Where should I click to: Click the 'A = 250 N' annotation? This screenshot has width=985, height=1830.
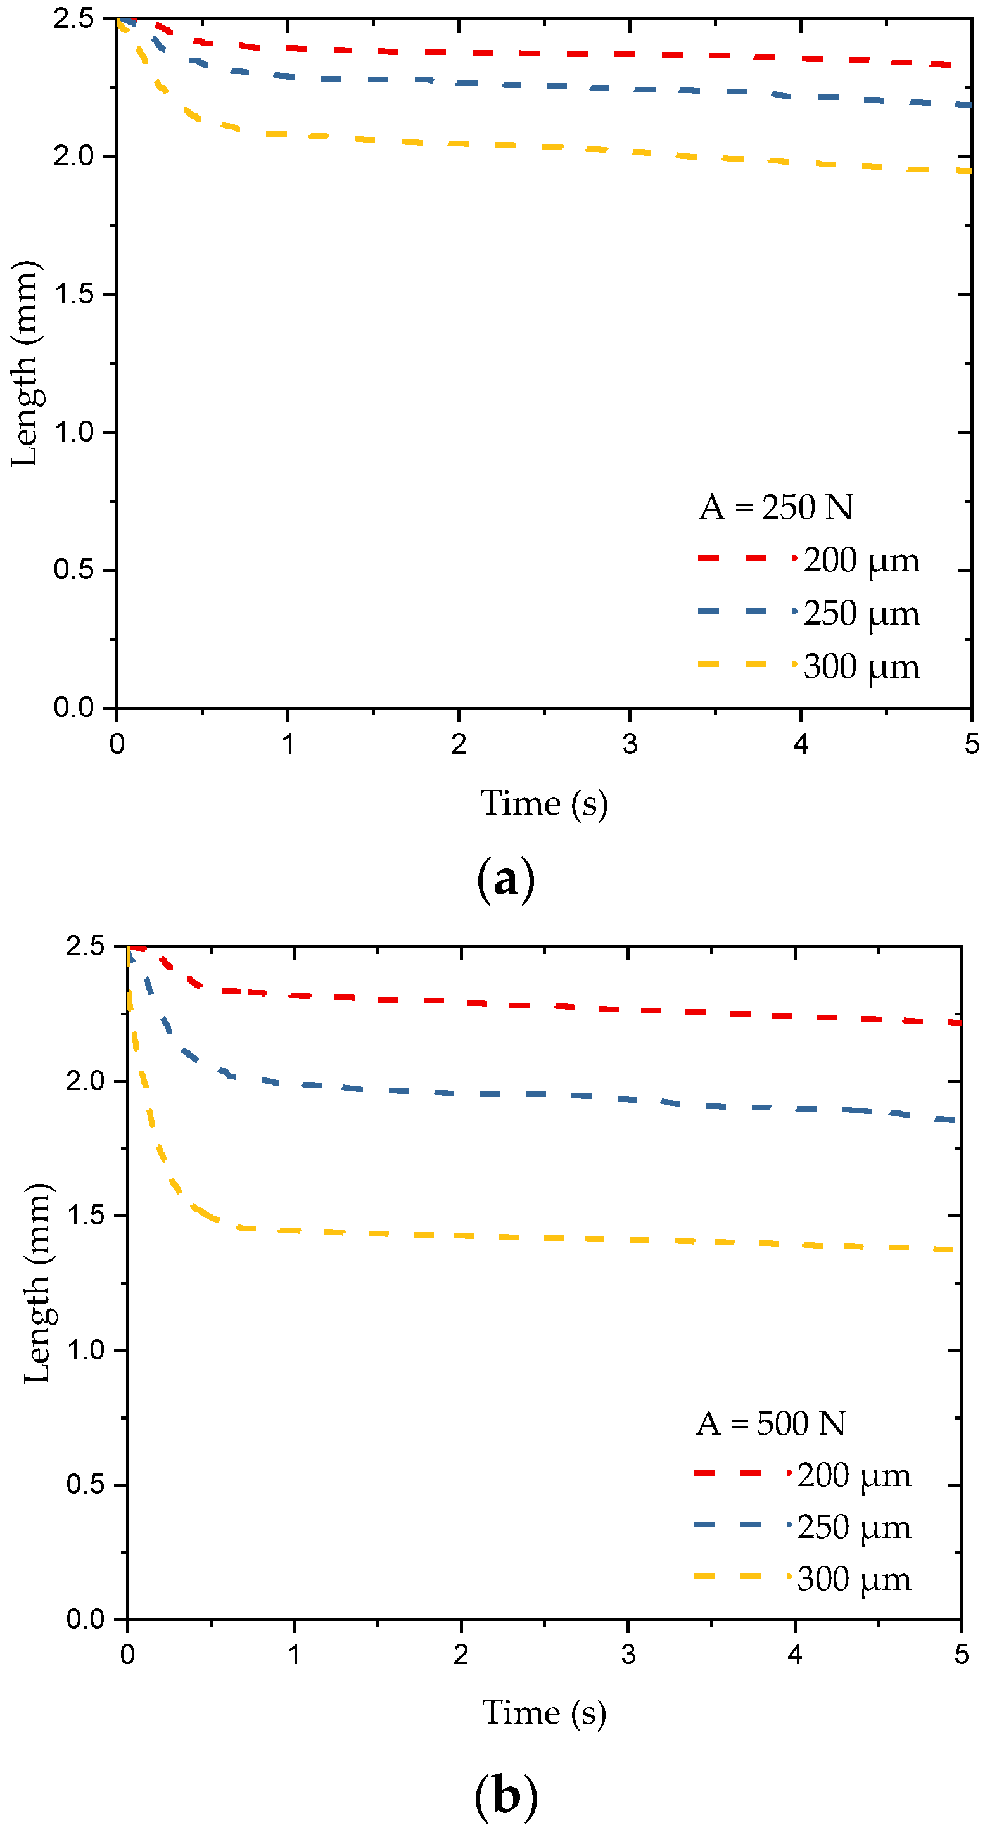click(x=775, y=507)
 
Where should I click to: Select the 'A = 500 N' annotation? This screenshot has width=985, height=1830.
click(x=770, y=1423)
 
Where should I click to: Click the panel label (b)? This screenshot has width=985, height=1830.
click(x=505, y=1795)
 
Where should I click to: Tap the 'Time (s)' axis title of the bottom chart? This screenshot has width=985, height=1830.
click(x=544, y=1713)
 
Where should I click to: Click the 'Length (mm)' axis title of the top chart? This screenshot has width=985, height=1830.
click(x=25, y=364)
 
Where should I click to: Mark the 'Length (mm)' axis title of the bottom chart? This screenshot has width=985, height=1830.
click(x=37, y=1283)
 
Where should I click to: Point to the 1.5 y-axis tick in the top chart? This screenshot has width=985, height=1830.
click(x=74, y=294)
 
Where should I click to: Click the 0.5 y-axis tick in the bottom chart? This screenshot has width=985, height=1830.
click(x=86, y=1484)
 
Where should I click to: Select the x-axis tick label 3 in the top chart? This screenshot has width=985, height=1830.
click(x=630, y=744)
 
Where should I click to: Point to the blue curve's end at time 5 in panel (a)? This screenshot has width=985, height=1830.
click(x=967, y=105)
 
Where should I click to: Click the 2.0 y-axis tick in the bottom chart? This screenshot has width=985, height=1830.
click(x=86, y=1081)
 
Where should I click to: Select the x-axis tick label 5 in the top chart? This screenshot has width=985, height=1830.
click(x=972, y=744)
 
